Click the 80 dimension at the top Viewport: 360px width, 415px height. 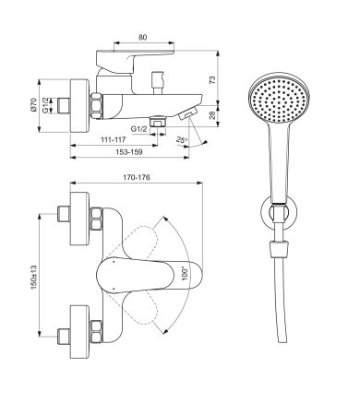pos(142,37)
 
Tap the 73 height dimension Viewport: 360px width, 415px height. pos(212,79)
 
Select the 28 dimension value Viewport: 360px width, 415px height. pos(212,115)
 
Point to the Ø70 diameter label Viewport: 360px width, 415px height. pos(33,104)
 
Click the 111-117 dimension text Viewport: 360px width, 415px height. pos(114,139)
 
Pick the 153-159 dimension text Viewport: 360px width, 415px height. pos(129,152)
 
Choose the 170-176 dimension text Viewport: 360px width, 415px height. pos(137,177)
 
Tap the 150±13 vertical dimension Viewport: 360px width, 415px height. pos(33,277)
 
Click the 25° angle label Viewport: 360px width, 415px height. pos(182,140)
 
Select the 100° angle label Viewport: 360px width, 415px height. pos(185,273)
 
